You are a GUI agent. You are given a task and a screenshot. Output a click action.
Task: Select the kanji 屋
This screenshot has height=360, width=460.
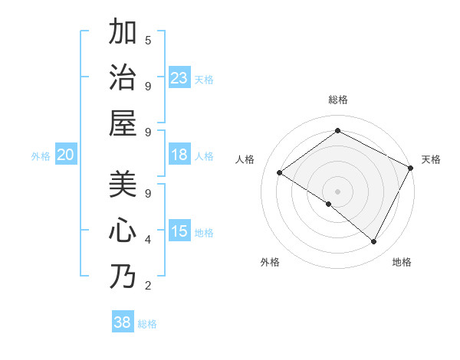point(123,123)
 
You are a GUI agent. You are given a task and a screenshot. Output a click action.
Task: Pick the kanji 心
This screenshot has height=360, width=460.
point(123,231)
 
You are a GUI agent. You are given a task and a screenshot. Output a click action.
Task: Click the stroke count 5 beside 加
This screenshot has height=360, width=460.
point(148,40)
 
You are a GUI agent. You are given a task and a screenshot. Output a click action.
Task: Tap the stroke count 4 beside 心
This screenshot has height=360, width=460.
point(148,240)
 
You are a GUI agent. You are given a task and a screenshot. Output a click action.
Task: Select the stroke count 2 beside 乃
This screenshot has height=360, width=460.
point(148,286)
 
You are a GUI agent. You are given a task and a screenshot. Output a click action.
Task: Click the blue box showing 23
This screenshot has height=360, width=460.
point(179,77)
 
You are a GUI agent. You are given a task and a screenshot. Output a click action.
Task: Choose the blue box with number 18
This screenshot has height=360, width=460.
point(179,155)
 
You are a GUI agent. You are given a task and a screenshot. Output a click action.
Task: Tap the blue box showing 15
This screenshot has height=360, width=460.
point(179,231)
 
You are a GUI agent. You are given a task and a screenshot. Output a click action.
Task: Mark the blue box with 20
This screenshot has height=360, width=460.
point(65,155)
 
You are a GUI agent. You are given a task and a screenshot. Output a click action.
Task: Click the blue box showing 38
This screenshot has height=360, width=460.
point(123,322)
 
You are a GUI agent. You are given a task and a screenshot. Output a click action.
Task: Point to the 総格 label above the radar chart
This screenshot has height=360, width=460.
point(337,100)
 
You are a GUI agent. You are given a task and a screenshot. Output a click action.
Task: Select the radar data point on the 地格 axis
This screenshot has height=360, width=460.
point(374,241)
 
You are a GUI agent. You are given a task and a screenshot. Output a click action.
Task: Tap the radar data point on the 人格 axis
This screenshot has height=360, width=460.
point(280,172)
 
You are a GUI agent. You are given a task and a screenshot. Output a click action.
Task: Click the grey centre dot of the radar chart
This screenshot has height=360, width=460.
point(337,191)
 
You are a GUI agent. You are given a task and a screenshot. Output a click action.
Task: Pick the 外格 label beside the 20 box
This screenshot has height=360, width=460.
point(41,156)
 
